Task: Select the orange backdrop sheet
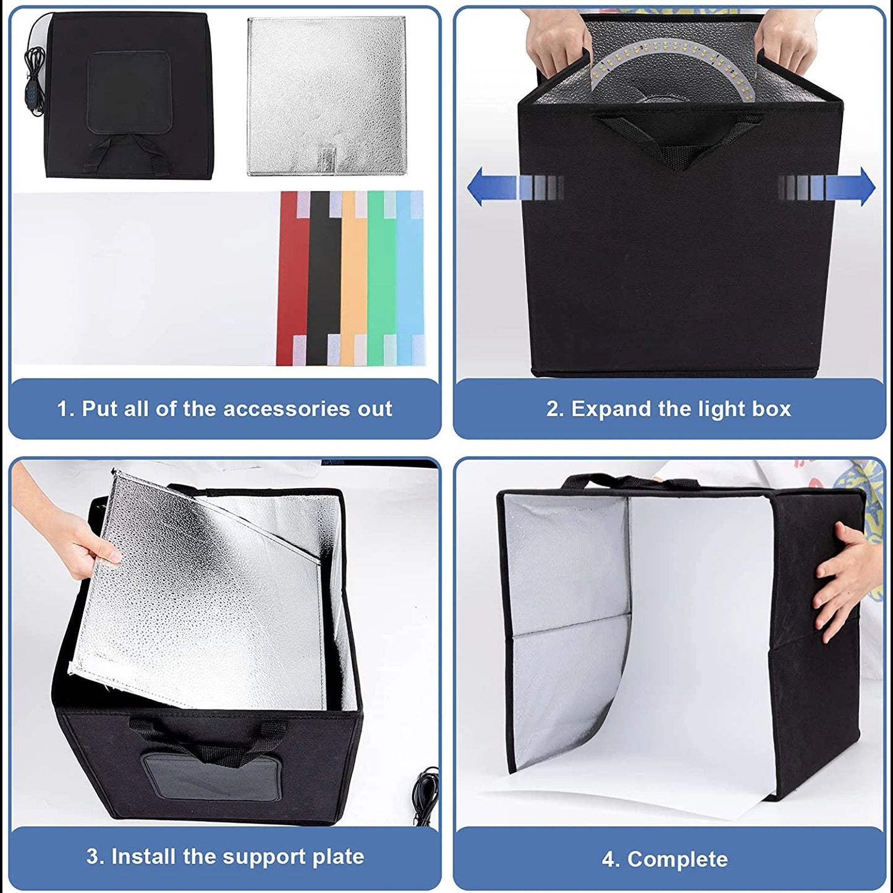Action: [353, 278]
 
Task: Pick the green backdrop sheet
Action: [380, 278]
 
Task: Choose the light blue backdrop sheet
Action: [408, 278]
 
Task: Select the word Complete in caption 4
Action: [677, 860]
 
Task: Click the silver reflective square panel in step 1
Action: [327, 93]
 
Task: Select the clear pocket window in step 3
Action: [211, 776]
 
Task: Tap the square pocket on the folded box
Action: [129, 93]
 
